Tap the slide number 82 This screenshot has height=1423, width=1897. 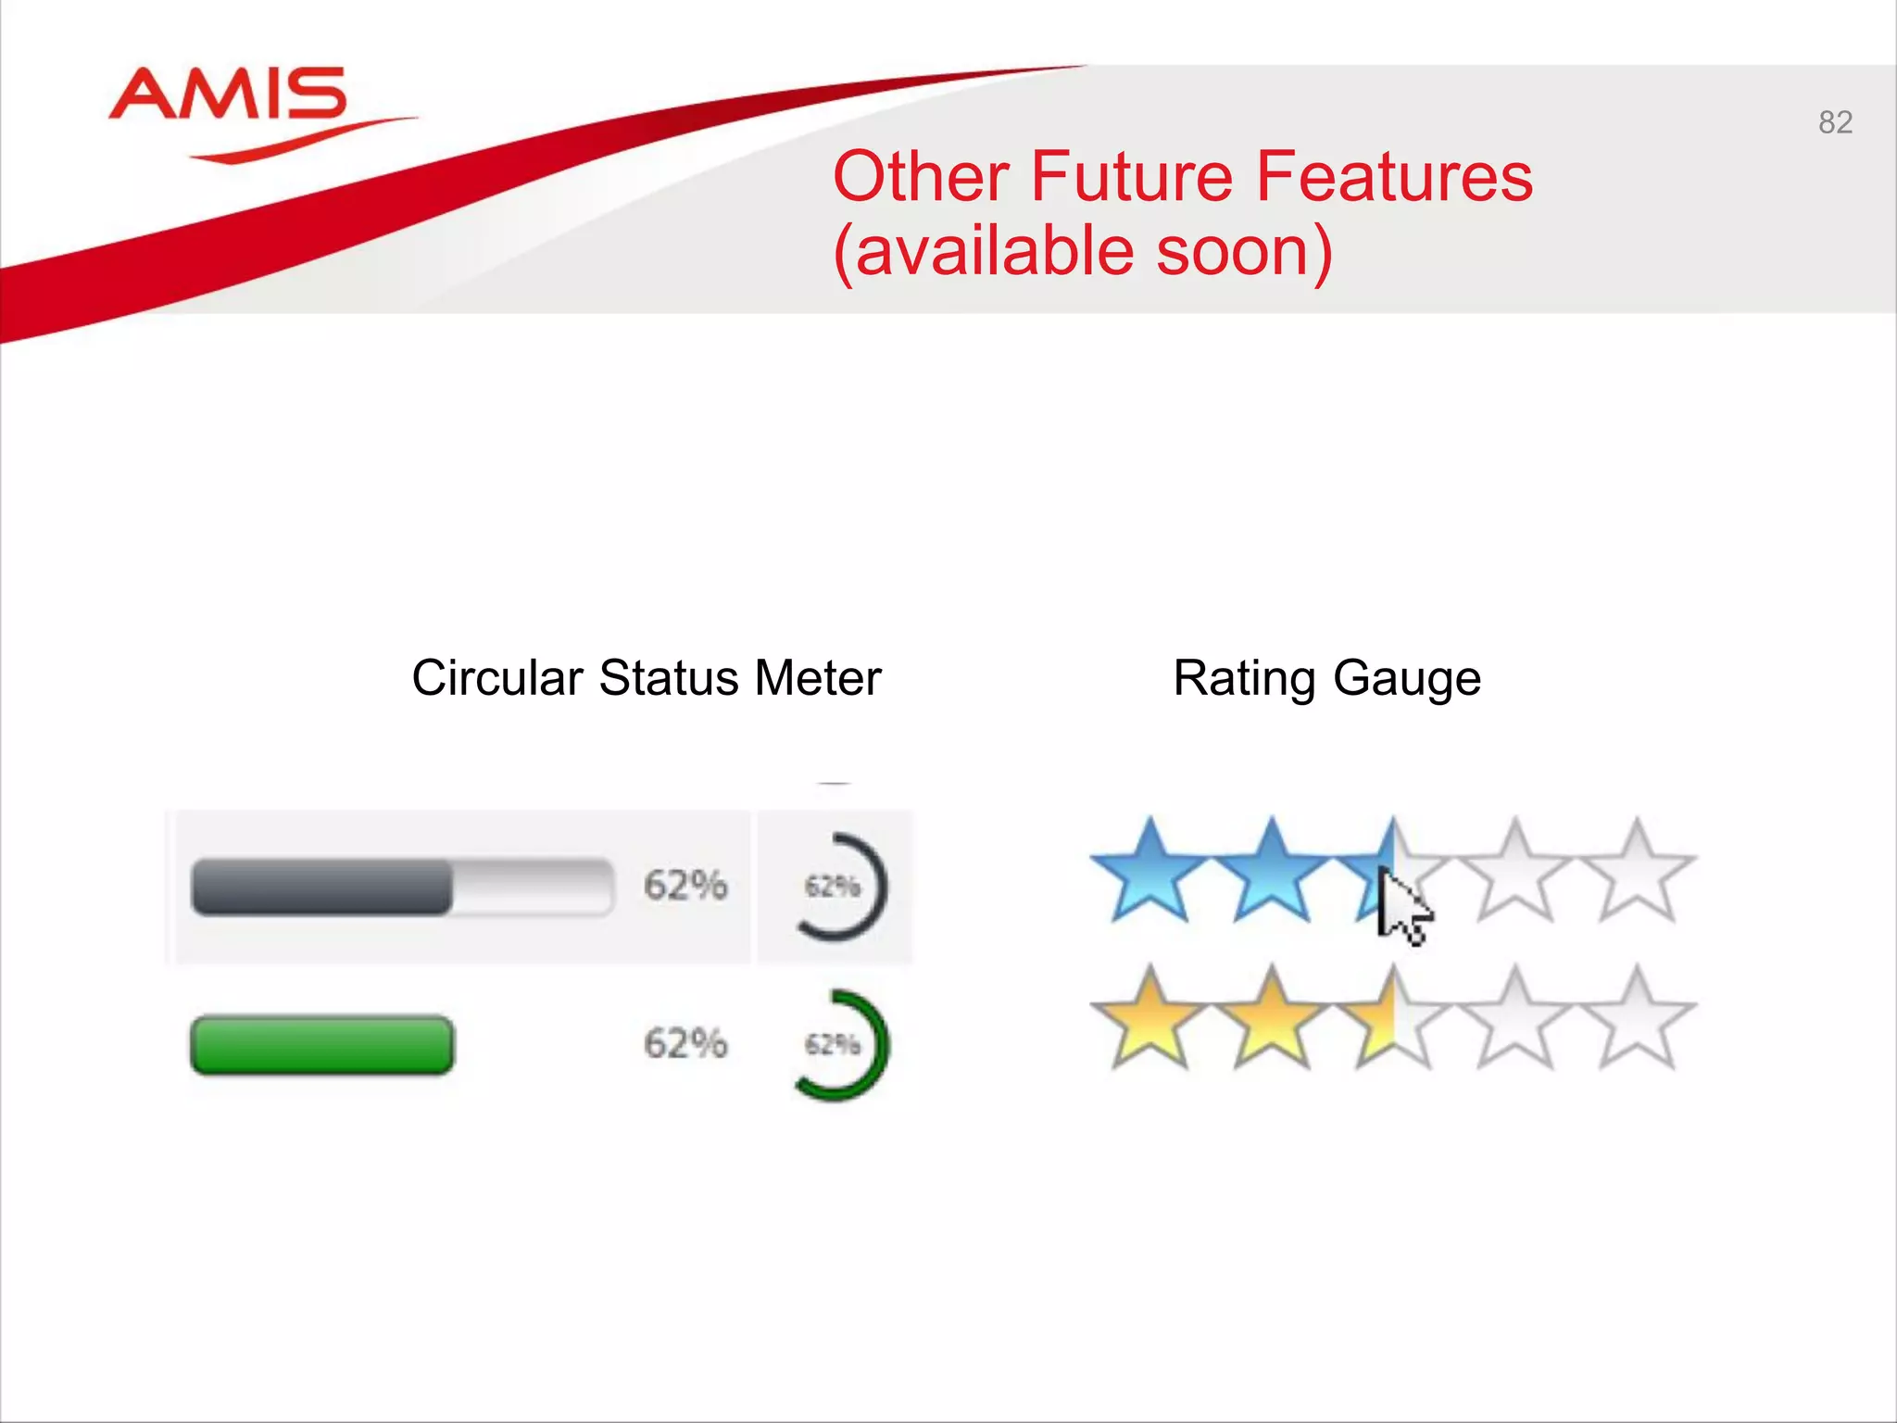coord(1835,122)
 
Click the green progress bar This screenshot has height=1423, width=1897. coord(321,1045)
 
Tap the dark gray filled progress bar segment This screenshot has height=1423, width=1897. coord(321,887)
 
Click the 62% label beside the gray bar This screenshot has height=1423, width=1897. coord(685,886)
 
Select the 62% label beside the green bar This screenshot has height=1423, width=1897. coord(685,1044)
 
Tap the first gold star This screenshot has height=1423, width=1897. coord(1150,1021)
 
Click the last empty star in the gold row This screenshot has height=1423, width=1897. coord(1638,1021)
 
